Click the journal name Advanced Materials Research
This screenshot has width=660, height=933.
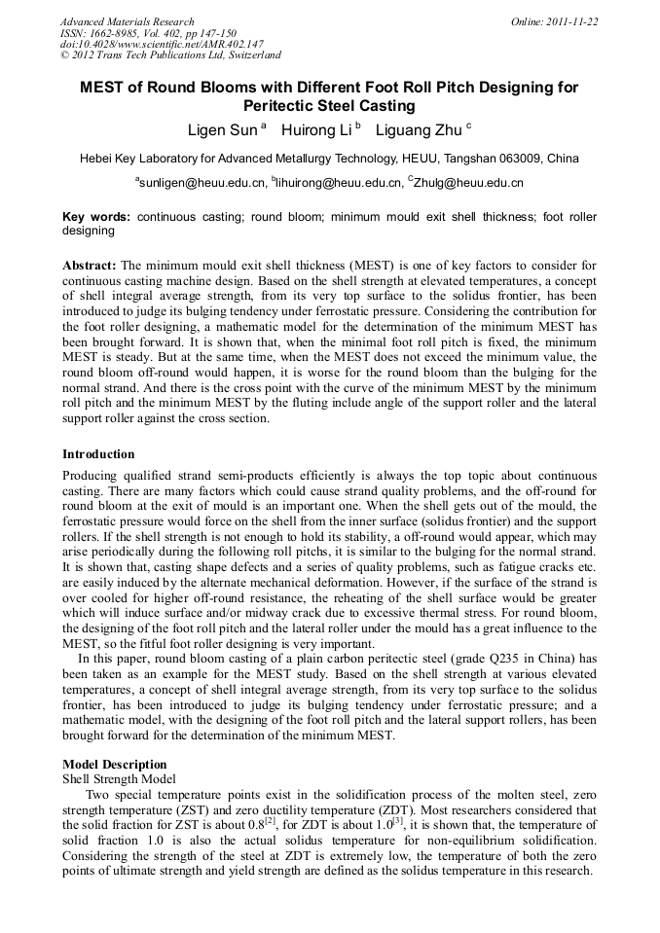click(x=128, y=21)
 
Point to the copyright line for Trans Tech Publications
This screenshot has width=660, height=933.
click(x=170, y=56)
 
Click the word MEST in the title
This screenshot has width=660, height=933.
click(x=100, y=88)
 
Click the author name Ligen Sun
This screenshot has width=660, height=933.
click(x=221, y=128)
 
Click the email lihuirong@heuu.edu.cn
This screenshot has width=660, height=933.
click(x=337, y=182)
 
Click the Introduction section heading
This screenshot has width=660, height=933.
click(x=98, y=454)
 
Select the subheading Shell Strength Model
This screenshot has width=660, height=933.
click(x=119, y=778)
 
